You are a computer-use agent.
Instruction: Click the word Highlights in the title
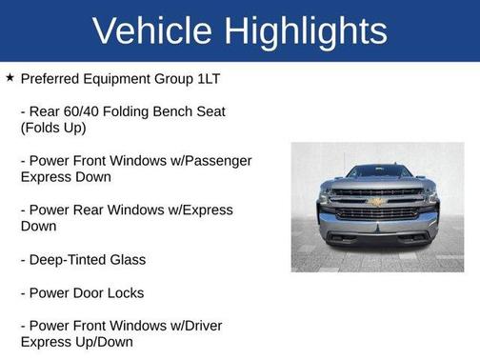pyautogui.click(x=303, y=30)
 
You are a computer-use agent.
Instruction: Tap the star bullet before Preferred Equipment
pyautogui.click(x=10, y=77)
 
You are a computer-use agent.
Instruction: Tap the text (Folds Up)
pyautogui.click(x=53, y=128)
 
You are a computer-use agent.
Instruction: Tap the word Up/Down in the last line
pyautogui.click(x=103, y=342)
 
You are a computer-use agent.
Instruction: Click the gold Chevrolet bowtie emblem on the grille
pyautogui.click(x=377, y=202)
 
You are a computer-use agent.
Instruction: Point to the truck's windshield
pyautogui.click(x=378, y=171)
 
